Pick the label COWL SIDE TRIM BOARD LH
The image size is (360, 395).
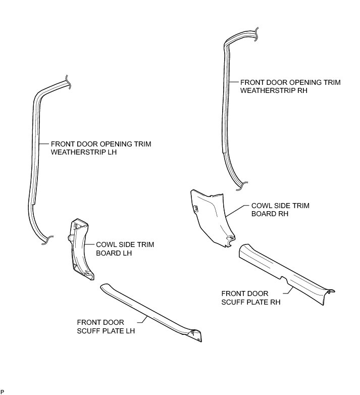pos(125,249)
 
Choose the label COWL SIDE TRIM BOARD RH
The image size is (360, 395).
pos(280,210)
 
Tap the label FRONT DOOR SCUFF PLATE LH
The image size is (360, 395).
pos(106,326)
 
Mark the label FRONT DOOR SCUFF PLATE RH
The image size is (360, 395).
pos(251,298)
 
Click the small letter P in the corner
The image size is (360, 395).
pos(2,391)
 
